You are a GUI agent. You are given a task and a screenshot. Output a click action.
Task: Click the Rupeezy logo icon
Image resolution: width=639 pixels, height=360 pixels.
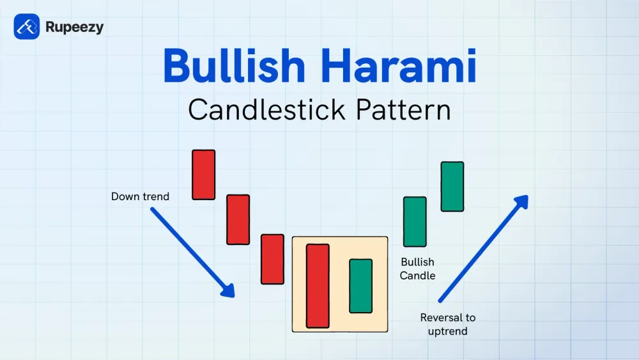(26, 27)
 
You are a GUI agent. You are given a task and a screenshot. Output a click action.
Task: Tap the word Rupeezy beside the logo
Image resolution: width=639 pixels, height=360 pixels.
(74, 27)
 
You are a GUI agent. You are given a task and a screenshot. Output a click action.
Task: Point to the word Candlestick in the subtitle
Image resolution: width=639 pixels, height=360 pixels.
(263, 109)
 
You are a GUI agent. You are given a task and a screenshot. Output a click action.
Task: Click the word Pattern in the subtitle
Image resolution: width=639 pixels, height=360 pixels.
(401, 109)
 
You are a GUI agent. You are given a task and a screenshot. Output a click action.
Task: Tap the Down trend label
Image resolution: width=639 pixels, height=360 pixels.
(140, 196)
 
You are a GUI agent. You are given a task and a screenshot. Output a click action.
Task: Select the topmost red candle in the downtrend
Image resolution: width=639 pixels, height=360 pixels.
(204, 175)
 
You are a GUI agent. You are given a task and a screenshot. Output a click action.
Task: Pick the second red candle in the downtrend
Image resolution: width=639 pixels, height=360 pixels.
(238, 219)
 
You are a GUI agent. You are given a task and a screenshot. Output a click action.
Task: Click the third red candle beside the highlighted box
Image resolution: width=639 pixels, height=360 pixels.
(272, 259)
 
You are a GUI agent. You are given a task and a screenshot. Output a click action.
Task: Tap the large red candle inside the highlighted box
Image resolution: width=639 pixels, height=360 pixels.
(318, 286)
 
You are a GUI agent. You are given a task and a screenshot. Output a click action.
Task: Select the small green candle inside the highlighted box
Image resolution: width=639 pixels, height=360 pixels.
(360, 286)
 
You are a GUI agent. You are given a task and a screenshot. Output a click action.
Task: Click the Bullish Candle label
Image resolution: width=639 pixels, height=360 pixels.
(417, 269)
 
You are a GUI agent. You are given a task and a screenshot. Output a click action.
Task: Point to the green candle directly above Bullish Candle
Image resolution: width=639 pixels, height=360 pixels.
(415, 221)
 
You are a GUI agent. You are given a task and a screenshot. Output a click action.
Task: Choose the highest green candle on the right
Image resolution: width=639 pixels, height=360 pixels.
(452, 186)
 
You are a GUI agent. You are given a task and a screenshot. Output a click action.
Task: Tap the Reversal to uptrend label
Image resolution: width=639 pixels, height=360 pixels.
(447, 324)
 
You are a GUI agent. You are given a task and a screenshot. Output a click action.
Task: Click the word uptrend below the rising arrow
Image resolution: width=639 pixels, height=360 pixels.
(447, 331)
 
